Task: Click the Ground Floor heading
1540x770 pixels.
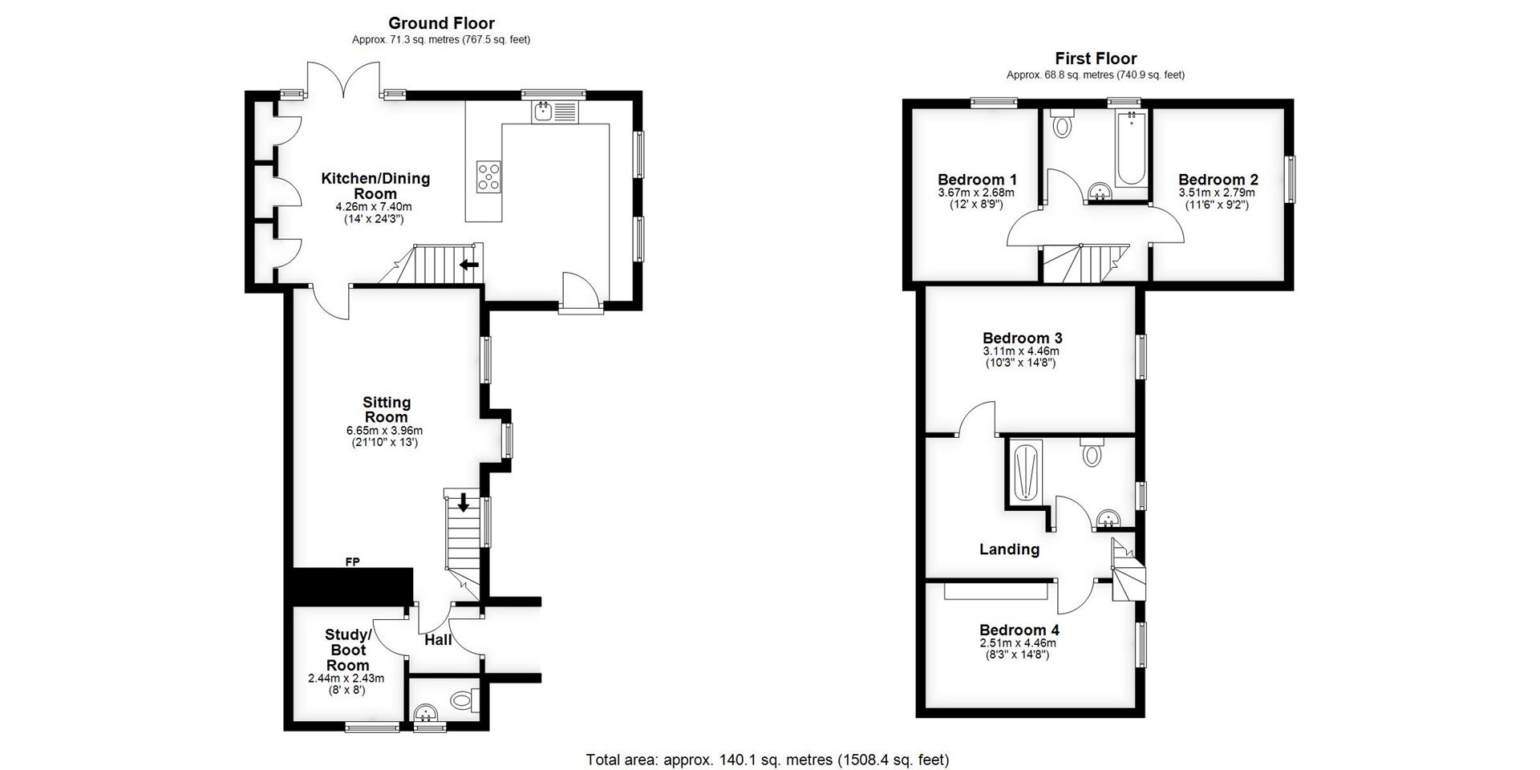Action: (x=441, y=23)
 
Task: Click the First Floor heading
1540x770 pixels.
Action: (x=1095, y=59)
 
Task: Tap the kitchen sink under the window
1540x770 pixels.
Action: (x=553, y=111)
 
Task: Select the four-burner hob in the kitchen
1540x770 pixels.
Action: (x=488, y=176)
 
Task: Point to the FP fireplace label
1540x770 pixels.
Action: (x=352, y=562)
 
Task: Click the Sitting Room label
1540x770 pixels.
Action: (x=387, y=409)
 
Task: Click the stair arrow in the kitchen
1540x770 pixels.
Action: (x=469, y=265)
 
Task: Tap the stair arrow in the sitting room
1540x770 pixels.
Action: (x=463, y=503)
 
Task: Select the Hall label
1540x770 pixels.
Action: (x=438, y=640)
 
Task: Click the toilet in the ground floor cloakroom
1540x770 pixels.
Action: (x=462, y=700)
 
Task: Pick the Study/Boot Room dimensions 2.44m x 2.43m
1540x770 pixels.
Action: (x=346, y=679)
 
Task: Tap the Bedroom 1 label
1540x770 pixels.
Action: (x=977, y=180)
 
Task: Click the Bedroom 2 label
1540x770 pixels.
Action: (x=1218, y=180)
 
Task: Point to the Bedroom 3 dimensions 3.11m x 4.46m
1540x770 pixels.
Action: (x=1020, y=351)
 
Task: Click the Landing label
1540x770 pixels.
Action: (x=1009, y=549)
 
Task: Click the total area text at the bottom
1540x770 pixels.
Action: (x=767, y=760)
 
